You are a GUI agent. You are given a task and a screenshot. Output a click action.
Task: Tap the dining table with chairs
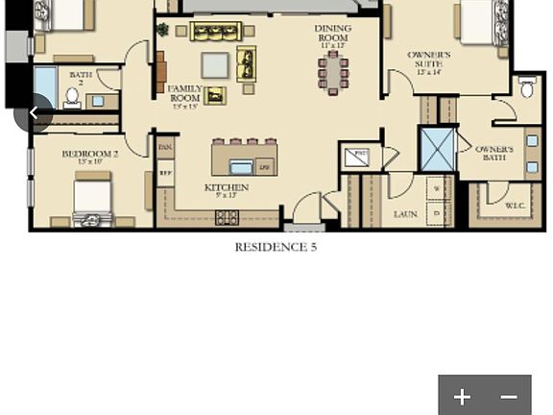click(x=333, y=74)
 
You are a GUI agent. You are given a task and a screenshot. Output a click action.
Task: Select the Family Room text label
click(x=185, y=96)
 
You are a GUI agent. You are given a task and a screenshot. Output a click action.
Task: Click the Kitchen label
click(x=227, y=190)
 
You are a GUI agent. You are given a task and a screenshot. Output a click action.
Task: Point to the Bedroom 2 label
click(x=90, y=157)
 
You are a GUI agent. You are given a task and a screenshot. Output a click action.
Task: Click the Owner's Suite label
click(x=428, y=62)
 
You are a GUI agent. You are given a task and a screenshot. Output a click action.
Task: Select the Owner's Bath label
click(x=493, y=154)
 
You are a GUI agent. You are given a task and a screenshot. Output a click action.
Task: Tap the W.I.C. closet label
click(x=514, y=206)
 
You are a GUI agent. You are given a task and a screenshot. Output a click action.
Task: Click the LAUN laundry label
click(x=405, y=214)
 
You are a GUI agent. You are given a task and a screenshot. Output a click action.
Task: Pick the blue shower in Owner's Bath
click(x=438, y=150)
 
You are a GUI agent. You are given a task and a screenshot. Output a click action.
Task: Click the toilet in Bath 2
click(x=72, y=97)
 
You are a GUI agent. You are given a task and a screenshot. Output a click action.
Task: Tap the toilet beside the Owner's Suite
click(x=527, y=89)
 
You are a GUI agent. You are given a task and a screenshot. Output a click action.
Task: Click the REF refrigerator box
click(x=165, y=174)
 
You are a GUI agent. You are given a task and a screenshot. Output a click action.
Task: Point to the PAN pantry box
click(x=165, y=148)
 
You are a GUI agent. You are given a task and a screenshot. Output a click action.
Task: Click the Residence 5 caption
click(x=276, y=247)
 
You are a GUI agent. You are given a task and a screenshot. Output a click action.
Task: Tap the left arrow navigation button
click(x=34, y=113)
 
